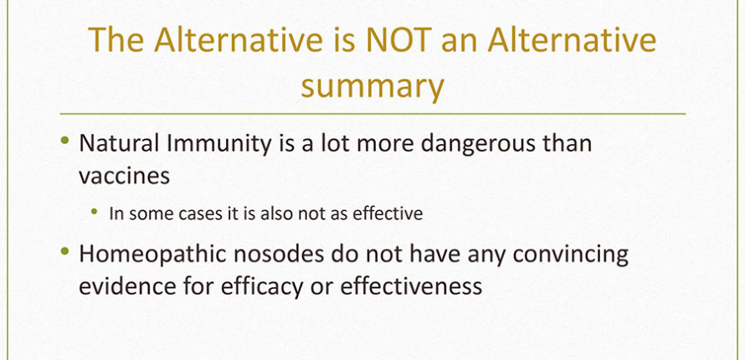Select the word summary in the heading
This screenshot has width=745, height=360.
pyautogui.click(x=372, y=87)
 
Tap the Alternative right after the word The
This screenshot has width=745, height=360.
pyautogui.click(x=239, y=40)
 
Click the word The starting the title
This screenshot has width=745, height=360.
pyautogui.click(x=116, y=40)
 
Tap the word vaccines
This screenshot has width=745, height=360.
pyautogui.click(x=124, y=176)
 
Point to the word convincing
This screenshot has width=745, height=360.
pyautogui.click(x=571, y=256)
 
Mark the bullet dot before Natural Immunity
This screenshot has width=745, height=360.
pyautogui.click(x=65, y=140)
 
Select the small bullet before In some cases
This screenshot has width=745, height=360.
pyautogui.click(x=95, y=211)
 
